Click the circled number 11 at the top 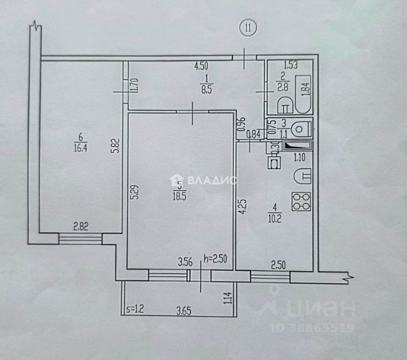pyautogui.click(x=247, y=27)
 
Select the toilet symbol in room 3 pyautogui.click(x=302, y=128)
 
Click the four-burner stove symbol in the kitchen pyautogui.click(x=300, y=202)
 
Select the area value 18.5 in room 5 pyautogui.click(x=180, y=193)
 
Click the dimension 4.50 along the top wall pyautogui.click(x=202, y=65)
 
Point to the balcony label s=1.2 pyautogui.click(x=135, y=310)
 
